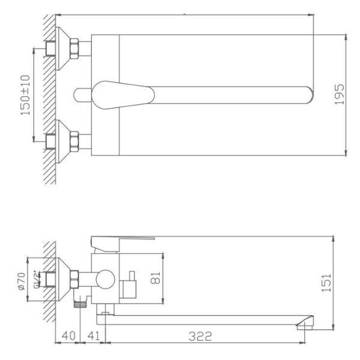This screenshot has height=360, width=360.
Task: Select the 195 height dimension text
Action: point(339,95)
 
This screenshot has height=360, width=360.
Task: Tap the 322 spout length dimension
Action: point(200,337)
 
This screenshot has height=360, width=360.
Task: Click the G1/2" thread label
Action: point(37,280)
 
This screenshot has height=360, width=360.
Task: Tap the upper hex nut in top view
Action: point(75,47)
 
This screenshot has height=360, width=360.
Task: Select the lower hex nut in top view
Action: point(75,141)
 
